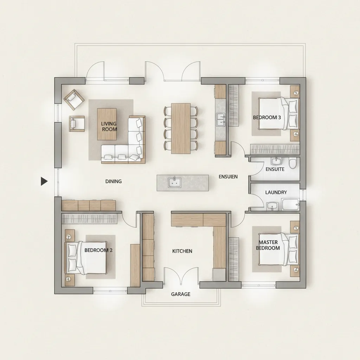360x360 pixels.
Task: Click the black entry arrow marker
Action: (44, 181)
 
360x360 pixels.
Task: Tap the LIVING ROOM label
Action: (109, 127)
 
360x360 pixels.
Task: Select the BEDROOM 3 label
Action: (267, 117)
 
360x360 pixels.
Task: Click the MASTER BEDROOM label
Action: (268, 245)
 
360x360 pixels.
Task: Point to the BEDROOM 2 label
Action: (98, 250)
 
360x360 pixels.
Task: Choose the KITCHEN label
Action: (182, 251)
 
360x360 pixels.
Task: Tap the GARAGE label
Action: (181, 294)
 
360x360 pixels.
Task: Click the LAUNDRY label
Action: (276, 192)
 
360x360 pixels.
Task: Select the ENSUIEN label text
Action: (228, 176)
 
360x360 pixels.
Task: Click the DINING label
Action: (114, 181)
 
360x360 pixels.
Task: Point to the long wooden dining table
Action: (181, 129)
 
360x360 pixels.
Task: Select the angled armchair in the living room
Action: (74, 99)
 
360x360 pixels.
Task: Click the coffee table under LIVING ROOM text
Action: (107, 124)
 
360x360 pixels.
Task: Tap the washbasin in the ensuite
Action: (276, 161)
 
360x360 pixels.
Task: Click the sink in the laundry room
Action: (272, 206)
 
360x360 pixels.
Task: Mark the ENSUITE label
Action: (275, 169)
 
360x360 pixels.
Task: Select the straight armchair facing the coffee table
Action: (77, 124)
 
